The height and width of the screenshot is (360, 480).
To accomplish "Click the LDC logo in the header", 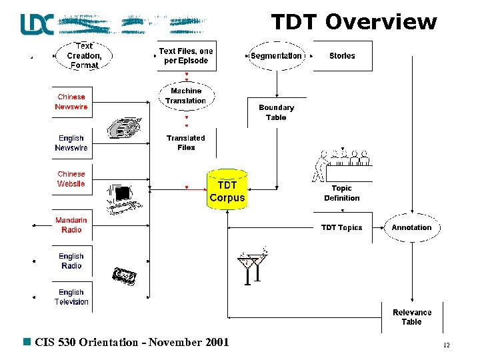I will [37, 23].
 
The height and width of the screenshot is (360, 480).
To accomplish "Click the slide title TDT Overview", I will [353, 21].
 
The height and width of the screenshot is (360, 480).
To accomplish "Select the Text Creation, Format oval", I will [84, 56].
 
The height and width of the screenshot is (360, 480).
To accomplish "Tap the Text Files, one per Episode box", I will [186, 56].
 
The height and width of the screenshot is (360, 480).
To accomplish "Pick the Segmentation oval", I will [276, 56].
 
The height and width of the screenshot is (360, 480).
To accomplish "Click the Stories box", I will [342, 56].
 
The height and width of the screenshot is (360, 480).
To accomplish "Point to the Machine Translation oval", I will [186, 96].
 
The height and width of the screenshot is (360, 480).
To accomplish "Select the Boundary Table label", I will [276, 112].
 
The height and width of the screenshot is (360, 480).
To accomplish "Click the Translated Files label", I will [186, 143].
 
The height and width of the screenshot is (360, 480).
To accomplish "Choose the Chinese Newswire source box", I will [71, 102].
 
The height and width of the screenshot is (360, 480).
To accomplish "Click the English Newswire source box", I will [71, 143].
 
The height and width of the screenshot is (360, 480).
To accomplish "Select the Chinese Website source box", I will [71, 179].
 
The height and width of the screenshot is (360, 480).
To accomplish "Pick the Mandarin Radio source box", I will [71, 225].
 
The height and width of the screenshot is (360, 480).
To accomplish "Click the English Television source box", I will [71, 297].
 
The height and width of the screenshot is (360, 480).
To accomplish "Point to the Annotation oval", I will [411, 227].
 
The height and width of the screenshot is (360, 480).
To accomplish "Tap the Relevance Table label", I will [411, 317].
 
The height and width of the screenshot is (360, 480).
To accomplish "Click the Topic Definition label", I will [341, 193].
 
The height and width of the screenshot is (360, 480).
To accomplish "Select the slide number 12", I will [446, 345].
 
